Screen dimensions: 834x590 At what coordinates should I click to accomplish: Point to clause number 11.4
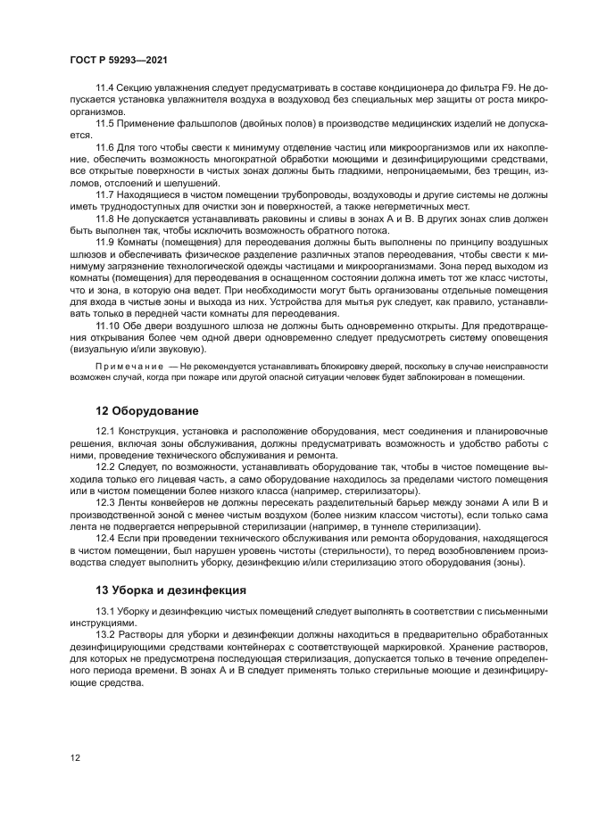pos(105,90)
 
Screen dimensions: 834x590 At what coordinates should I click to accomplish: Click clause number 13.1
pos(105,611)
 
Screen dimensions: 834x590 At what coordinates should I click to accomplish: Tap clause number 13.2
pos(105,632)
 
